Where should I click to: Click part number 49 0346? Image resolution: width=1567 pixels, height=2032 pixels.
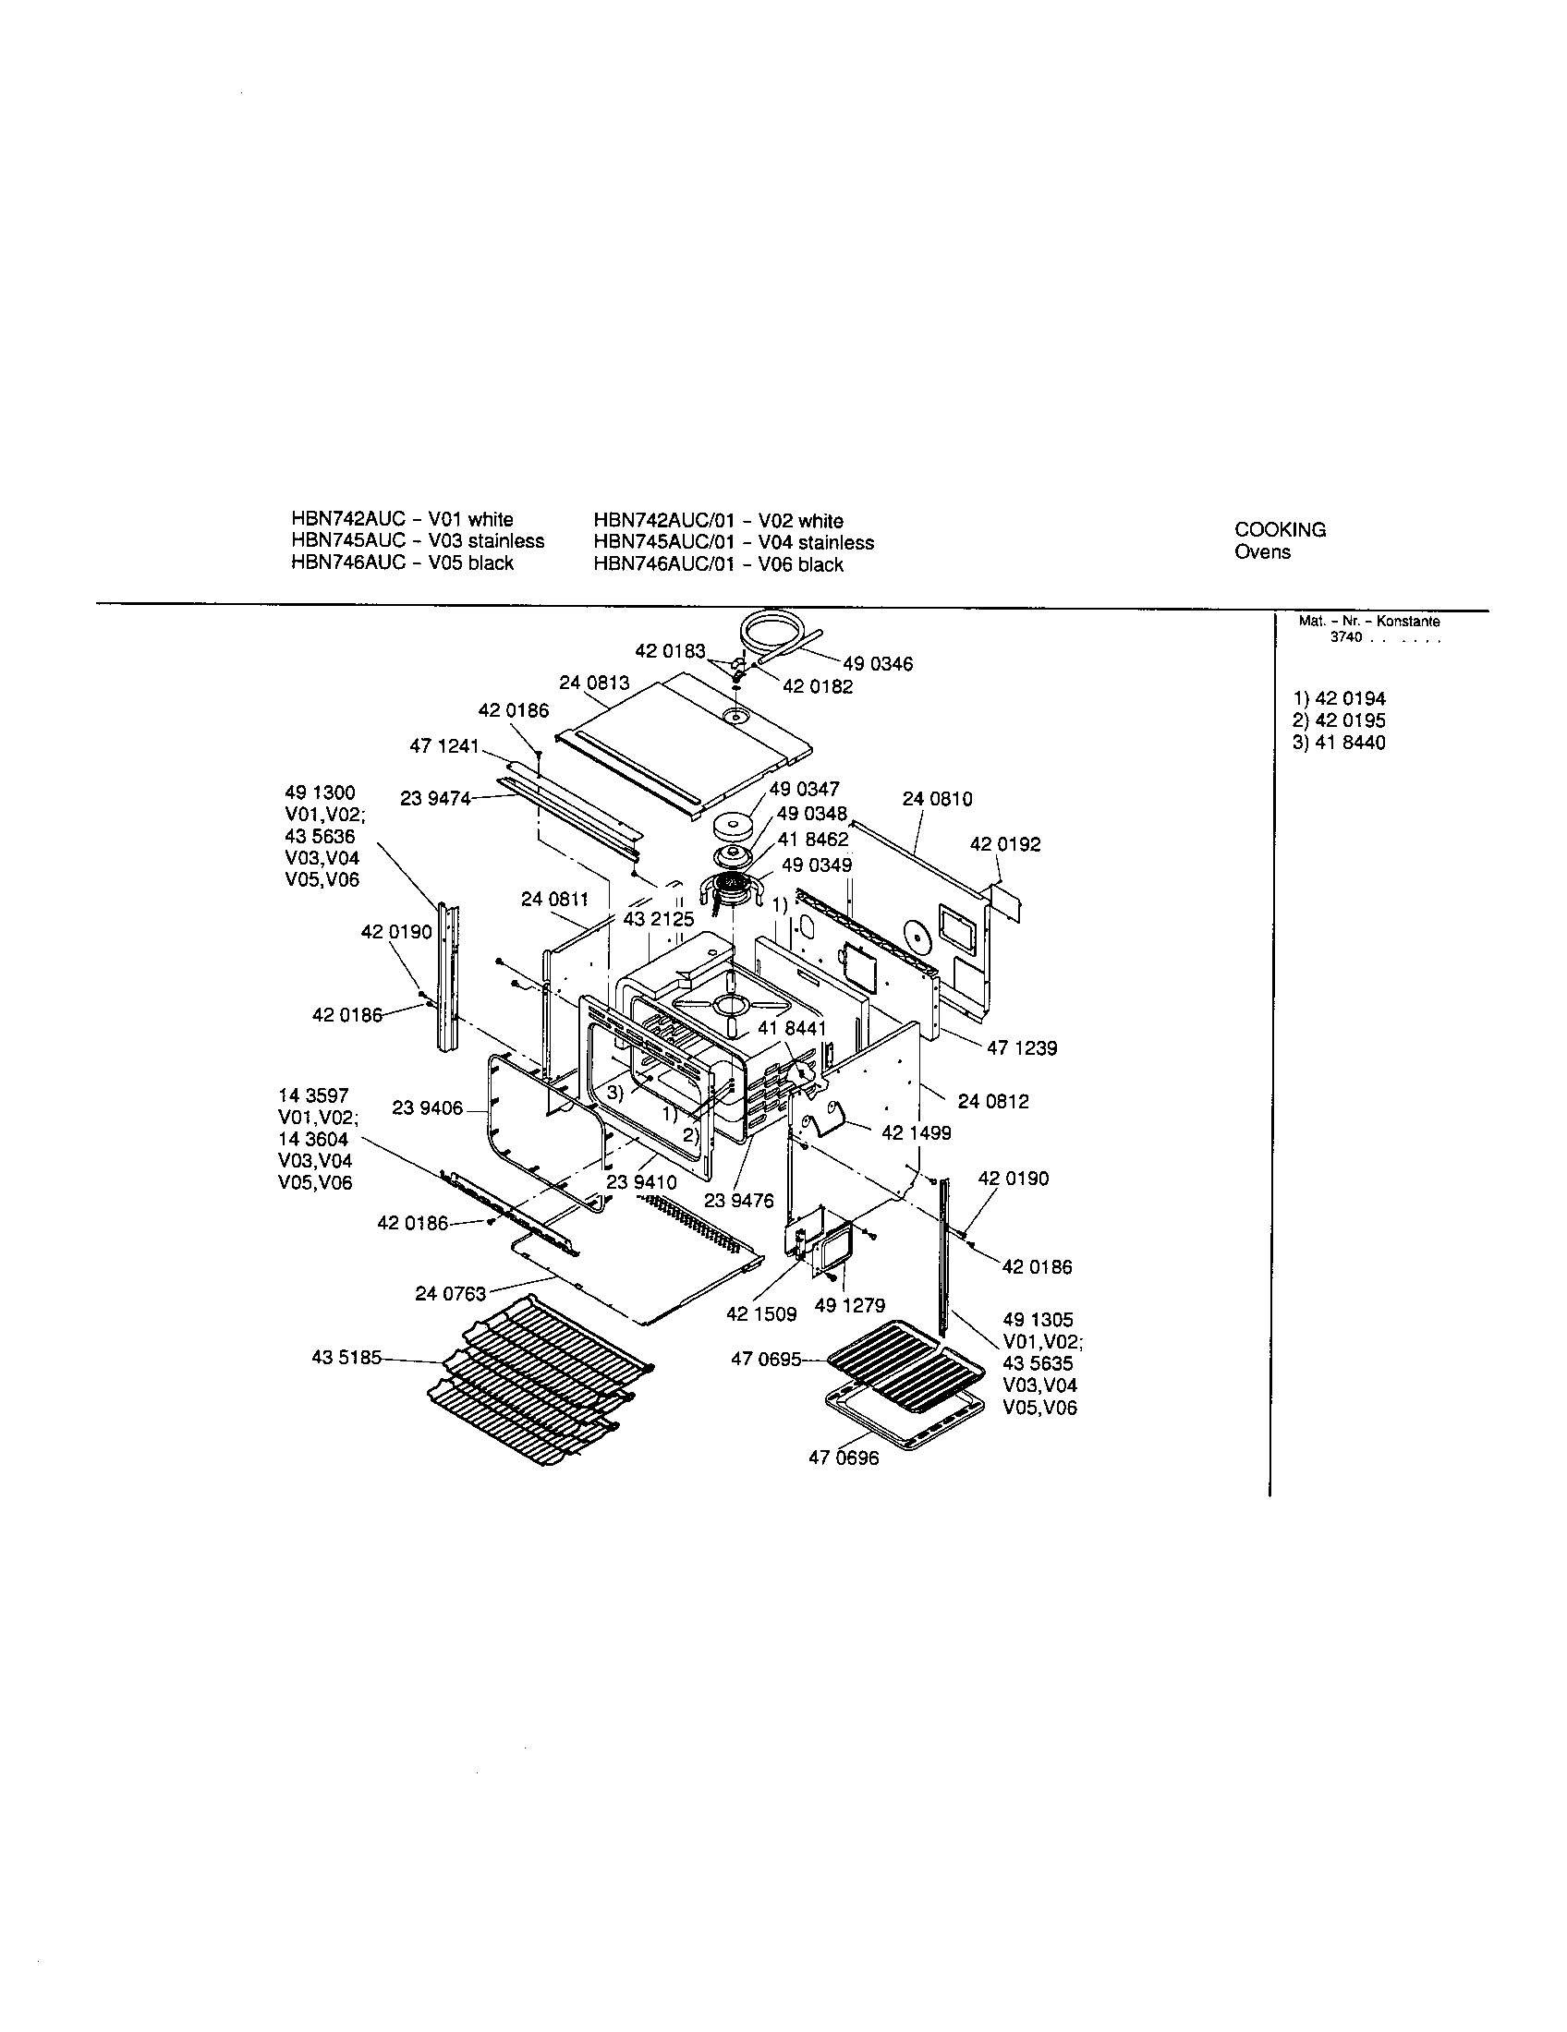pyautogui.click(x=878, y=664)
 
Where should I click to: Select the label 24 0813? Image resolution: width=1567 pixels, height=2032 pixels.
pyautogui.click(x=594, y=683)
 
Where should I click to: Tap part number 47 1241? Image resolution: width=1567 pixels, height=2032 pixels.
pyautogui.click(x=443, y=746)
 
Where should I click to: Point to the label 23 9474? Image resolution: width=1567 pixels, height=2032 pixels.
pyautogui.click(x=434, y=798)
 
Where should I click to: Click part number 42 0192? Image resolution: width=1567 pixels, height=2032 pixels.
pyautogui.click(x=1005, y=845)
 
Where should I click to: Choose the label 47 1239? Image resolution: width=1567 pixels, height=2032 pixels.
pyautogui.click(x=1022, y=1048)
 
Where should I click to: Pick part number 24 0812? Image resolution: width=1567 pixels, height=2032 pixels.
pyautogui.click(x=993, y=1102)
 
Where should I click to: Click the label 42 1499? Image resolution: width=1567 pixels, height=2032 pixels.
pyautogui.click(x=916, y=1133)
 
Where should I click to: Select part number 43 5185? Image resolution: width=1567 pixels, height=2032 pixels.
pyautogui.click(x=346, y=1358)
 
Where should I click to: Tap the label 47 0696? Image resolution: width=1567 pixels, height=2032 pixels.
pyautogui.click(x=843, y=1457)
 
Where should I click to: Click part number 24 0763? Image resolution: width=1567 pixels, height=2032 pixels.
pyautogui.click(x=450, y=1293)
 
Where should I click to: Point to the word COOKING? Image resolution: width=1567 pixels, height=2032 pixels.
pyautogui.click(x=1280, y=530)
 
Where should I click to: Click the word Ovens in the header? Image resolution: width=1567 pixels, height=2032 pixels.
pyautogui.click(x=1262, y=552)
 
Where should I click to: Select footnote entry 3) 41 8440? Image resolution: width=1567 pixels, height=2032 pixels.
pyautogui.click(x=1338, y=743)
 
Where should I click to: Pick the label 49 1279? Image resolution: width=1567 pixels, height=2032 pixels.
pyautogui.click(x=850, y=1305)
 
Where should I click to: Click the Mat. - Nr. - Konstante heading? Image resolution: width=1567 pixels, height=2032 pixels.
pyautogui.click(x=1368, y=622)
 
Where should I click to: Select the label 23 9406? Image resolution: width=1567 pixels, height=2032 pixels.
pyautogui.click(x=427, y=1108)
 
